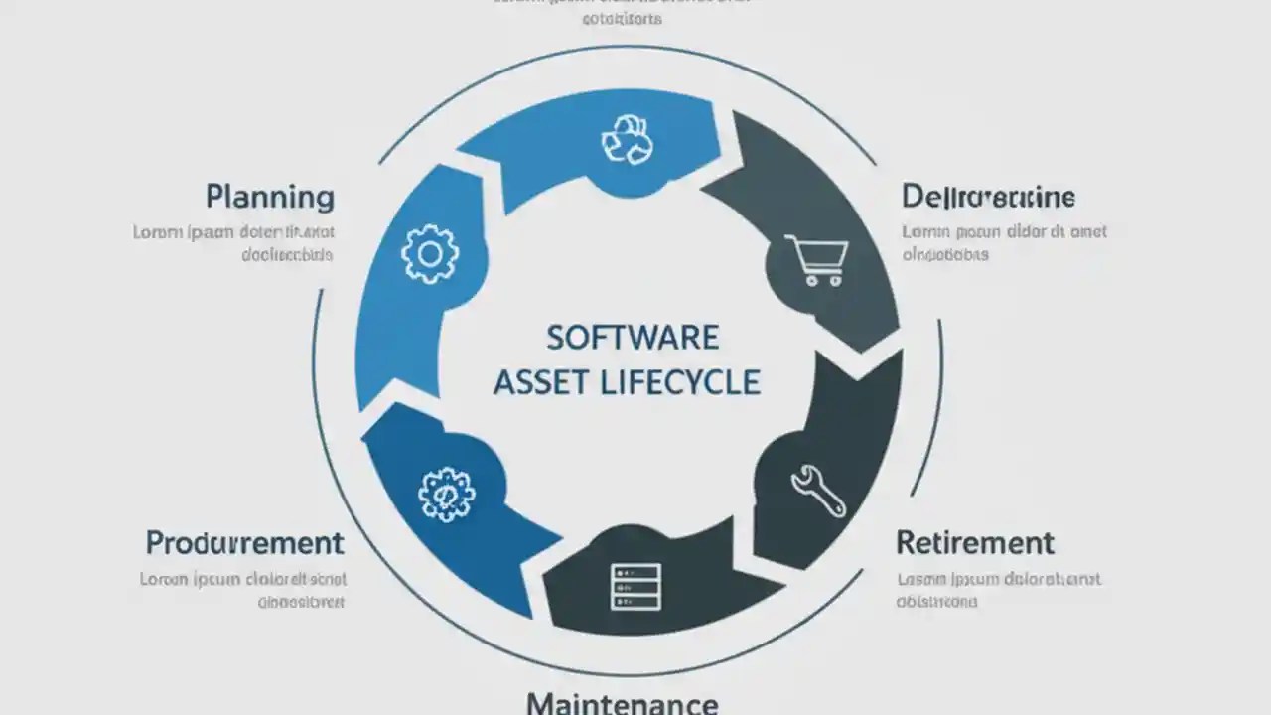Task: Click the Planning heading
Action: [270, 197]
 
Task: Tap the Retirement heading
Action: [974, 543]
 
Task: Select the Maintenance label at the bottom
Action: [622, 703]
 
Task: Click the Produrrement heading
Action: [244, 543]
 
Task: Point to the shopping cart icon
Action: [815, 261]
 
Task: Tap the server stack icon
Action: [635, 586]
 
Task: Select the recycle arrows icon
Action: [628, 139]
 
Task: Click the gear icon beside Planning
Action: [430, 253]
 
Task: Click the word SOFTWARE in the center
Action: [633, 338]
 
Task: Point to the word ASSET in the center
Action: [541, 381]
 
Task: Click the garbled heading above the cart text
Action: [988, 197]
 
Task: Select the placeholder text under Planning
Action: [234, 243]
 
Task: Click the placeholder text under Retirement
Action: [999, 590]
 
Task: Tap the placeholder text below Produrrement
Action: [243, 590]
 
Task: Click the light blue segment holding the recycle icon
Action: [556, 149]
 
